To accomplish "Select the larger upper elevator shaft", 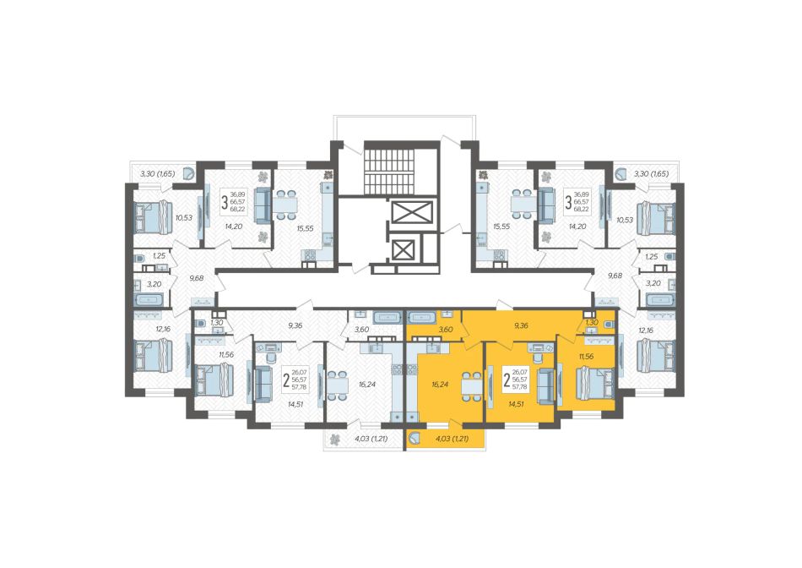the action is pyautogui.click(x=411, y=212).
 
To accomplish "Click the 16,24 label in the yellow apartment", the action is pyautogui.click(x=440, y=384).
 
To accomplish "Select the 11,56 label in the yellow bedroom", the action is pyautogui.click(x=586, y=357).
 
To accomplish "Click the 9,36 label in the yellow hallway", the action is pyautogui.click(x=520, y=325).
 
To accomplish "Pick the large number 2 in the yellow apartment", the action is pyautogui.click(x=507, y=380).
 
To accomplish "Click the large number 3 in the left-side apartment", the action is pyautogui.click(x=224, y=202).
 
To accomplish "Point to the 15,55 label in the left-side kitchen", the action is pyautogui.click(x=305, y=228).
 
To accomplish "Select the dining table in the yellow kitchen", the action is pyautogui.click(x=471, y=386).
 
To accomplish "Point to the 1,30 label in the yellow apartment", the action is pyautogui.click(x=592, y=322).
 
